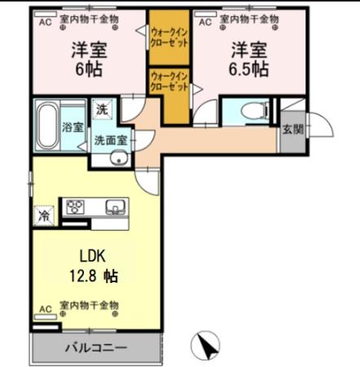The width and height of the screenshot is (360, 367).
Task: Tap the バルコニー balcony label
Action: point(96,348)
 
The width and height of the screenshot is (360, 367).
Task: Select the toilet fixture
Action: point(249,111)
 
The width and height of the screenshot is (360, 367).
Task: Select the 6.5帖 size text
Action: point(248,68)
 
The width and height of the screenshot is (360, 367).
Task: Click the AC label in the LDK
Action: point(46,308)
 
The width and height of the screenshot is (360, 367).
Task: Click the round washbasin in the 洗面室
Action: point(121,158)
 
